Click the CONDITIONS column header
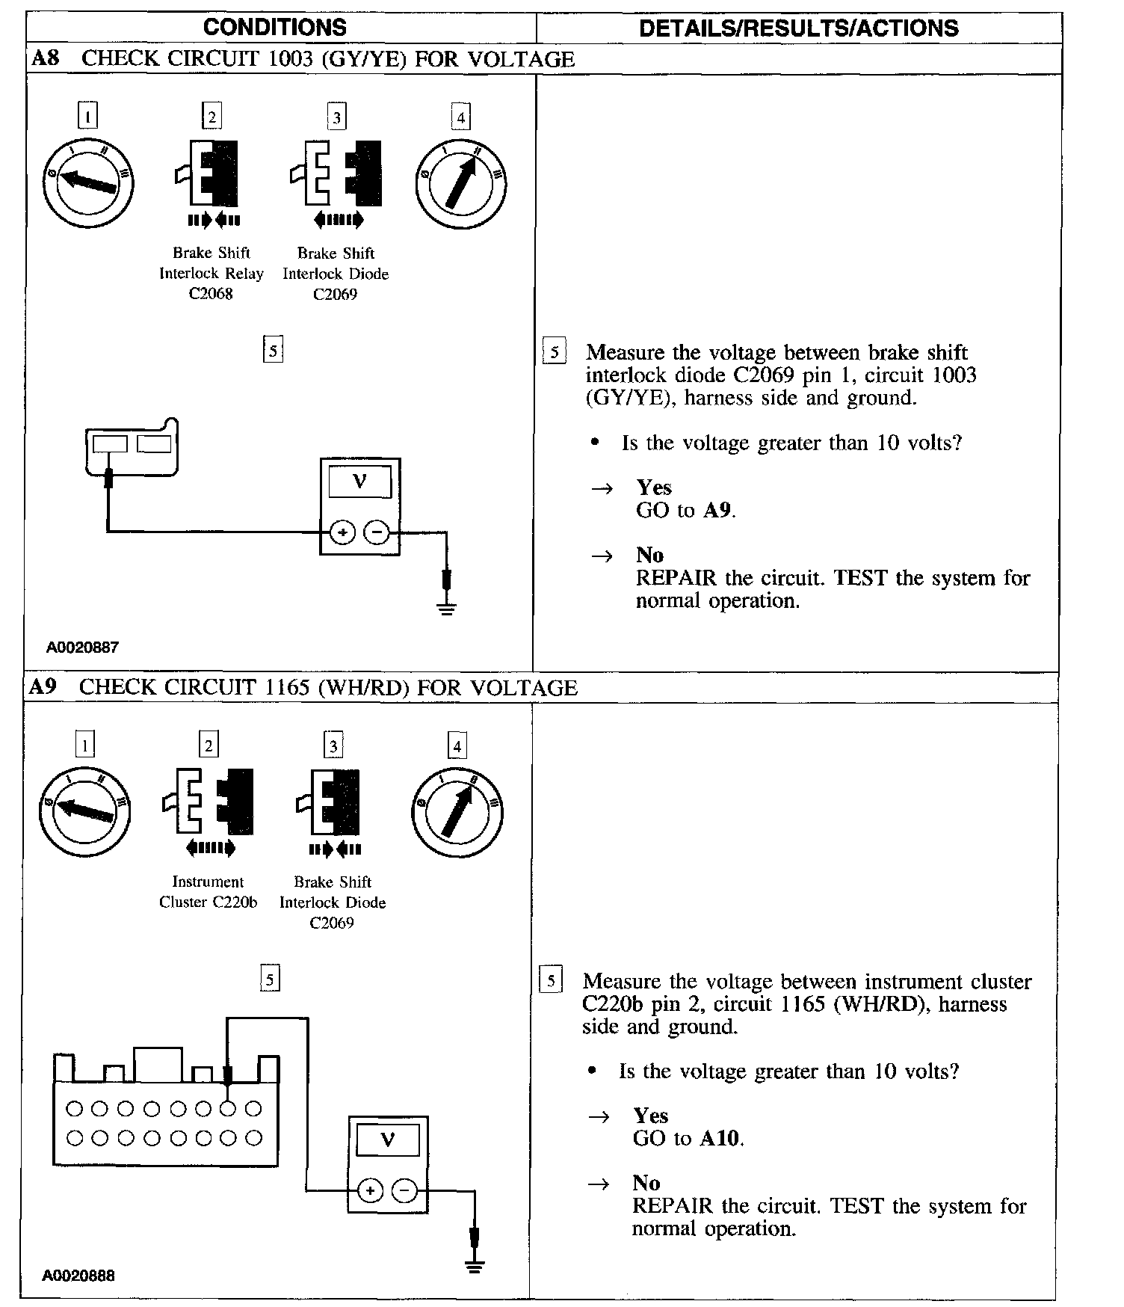pyautogui.click(x=274, y=28)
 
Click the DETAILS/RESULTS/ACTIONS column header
pyautogui.click(x=798, y=28)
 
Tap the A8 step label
pyautogui.click(x=46, y=58)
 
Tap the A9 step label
pyautogui.click(x=43, y=686)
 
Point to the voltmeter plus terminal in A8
pyautogui.click(x=342, y=532)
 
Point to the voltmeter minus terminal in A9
pyautogui.click(x=404, y=1190)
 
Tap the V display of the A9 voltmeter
pyautogui.click(x=387, y=1140)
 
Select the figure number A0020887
pyautogui.click(x=82, y=648)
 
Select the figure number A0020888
pyautogui.click(x=78, y=1276)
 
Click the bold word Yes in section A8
pyautogui.click(x=654, y=488)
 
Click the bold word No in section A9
pyautogui.click(x=646, y=1183)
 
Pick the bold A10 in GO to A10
pyautogui.click(x=720, y=1139)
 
